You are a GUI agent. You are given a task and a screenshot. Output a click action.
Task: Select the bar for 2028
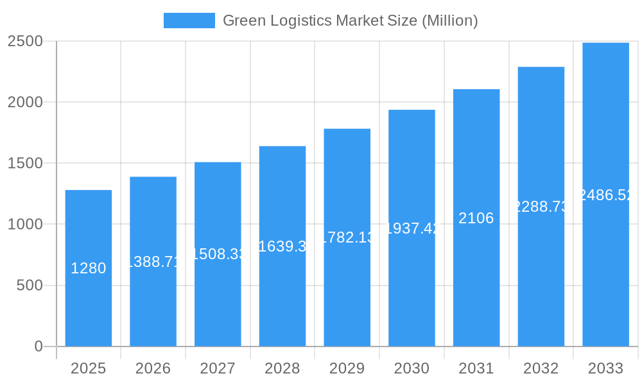(x=282, y=289)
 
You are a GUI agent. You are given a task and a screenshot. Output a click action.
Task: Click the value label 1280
(x=89, y=268)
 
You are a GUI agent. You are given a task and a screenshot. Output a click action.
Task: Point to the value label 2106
(x=476, y=218)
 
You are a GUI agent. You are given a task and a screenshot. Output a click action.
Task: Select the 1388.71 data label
(x=153, y=261)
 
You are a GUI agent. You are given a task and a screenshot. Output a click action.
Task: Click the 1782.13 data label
(x=347, y=237)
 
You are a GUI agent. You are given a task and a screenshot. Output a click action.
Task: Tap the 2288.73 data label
(x=541, y=207)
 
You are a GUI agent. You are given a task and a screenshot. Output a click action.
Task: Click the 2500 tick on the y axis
(x=25, y=41)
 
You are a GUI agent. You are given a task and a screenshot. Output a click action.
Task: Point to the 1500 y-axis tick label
(x=25, y=163)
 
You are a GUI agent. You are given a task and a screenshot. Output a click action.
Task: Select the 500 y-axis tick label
(x=30, y=285)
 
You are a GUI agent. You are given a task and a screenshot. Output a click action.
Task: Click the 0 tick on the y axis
(x=39, y=346)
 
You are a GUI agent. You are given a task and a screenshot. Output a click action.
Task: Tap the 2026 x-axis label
(x=153, y=368)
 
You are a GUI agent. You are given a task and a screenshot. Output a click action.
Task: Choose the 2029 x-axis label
(x=347, y=368)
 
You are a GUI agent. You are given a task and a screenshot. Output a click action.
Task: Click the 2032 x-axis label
(x=541, y=368)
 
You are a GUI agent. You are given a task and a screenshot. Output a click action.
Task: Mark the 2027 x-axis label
(x=218, y=368)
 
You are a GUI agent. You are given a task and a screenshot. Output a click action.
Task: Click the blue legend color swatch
(x=189, y=21)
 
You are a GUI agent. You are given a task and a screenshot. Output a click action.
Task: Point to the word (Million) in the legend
(x=449, y=21)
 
